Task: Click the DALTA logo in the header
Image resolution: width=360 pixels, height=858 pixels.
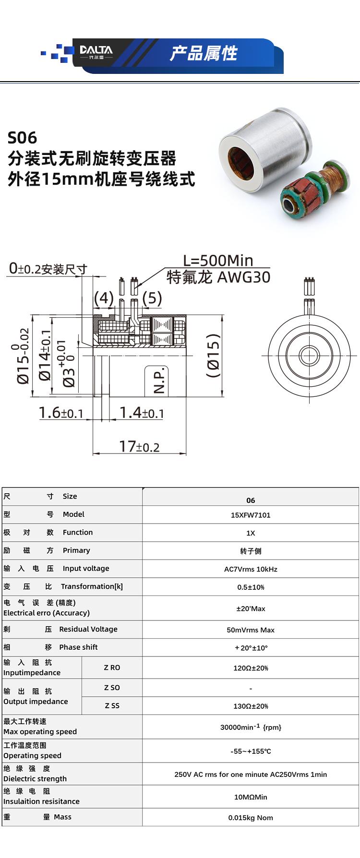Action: (x=96, y=51)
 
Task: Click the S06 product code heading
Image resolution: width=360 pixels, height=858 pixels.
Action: (x=23, y=138)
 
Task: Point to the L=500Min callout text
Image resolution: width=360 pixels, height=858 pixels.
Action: (x=218, y=260)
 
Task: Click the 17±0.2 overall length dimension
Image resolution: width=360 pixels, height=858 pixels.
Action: (x=139, y=446)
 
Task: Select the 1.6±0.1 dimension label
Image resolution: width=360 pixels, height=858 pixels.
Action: (x=61, y=413)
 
